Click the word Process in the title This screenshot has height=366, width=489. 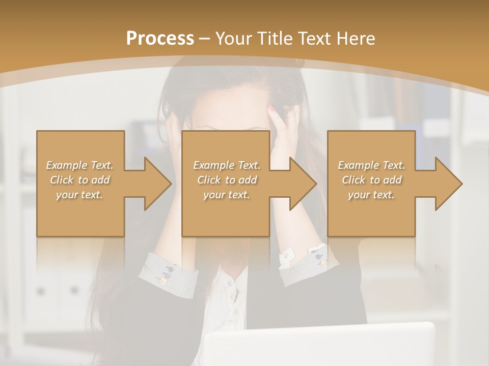pyautogui.click(x=160, y=39)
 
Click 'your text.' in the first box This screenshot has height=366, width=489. pyautogui.click(x=79, y=195)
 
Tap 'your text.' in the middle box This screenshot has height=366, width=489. pyautogui.click(x=227, y=195)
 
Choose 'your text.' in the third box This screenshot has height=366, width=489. pyautogui.click(x=371, y=195)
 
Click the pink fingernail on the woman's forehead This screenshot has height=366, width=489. pyautogui.click(x=272, y=108)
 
